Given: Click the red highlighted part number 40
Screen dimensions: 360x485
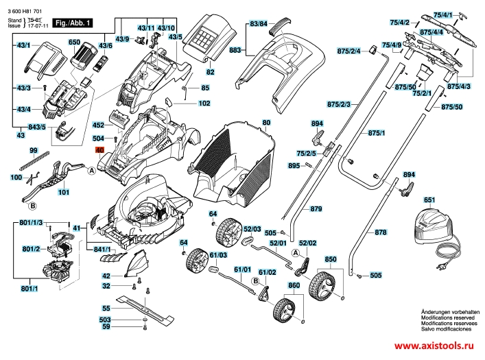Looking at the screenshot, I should pyautogui.click(x=99, y=149).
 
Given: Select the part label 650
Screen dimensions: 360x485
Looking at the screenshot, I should pyautogui.click(x=74, y=43).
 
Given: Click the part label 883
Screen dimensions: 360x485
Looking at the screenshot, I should pyautogui.click(x=235, y=50).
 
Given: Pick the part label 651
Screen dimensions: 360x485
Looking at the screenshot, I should pyautogui.click(x=429, y=200).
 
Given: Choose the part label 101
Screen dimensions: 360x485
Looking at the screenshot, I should pyautogui.click(x=63, y=192).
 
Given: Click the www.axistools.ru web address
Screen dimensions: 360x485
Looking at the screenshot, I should pyautogui.click(x=434, y=346).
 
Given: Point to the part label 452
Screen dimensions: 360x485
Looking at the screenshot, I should pyautogui.click(x=98, y=125).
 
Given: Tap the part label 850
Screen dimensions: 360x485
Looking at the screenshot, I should pyautogui.click(x=331, y=259).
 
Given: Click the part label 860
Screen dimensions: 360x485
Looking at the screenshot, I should pyautogui.click(x=294, y=285).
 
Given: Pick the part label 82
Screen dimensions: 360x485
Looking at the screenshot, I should pyautogui.click(x=211, y=72).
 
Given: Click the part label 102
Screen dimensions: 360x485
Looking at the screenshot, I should pyautogui.click(x=204, y=104).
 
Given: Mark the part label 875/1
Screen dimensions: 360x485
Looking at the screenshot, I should pyautogui.click(x=377, y=132).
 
